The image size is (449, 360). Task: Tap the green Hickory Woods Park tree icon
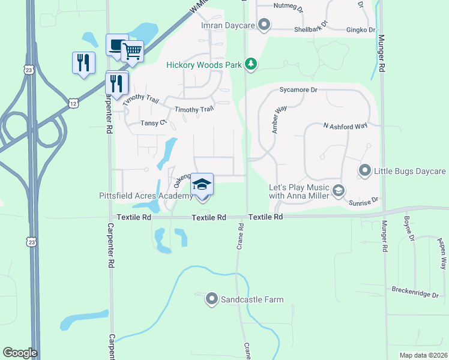point(251,64)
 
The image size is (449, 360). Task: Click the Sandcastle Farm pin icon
point(211,298)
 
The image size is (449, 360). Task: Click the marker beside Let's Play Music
point(338,191)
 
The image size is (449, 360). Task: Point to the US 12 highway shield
point(73,103)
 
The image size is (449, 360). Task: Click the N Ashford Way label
point(345,126)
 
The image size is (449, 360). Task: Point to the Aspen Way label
point(442,253)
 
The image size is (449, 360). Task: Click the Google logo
point(20,353)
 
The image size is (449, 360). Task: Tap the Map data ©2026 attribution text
point(423,355)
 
